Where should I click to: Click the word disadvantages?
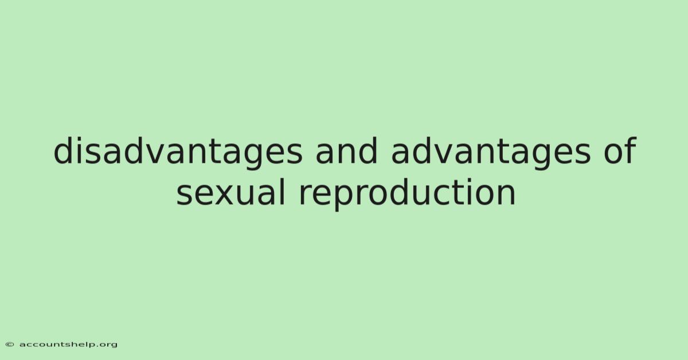click(178, 152)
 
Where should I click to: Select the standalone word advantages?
click(491, 152)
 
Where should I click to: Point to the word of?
click(620, 151)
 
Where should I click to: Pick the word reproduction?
click(407, 194)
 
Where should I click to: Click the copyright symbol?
click(10, 345)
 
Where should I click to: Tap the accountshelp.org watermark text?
click(68, 345)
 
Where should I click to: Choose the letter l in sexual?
click(283, 192)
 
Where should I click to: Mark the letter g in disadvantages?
click(253, 156)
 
